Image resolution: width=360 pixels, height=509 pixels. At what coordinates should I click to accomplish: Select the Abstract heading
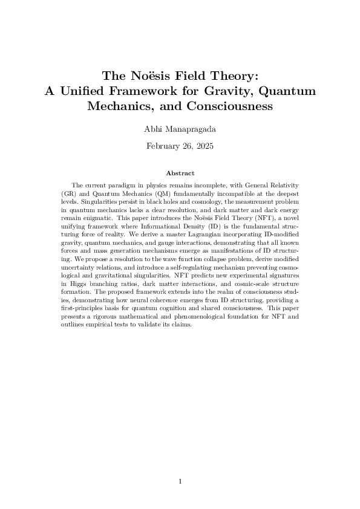[x=180, y=173]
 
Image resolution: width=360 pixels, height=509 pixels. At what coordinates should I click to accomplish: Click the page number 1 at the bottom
[x=180, y=481]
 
